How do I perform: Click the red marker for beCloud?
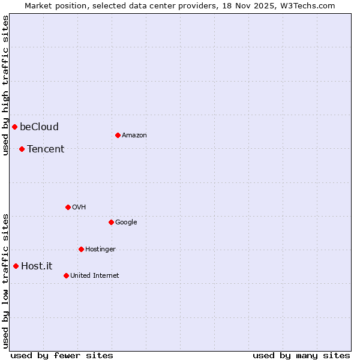click(14, 127)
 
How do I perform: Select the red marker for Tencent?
click(22, 149)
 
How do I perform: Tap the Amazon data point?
click(118, 135)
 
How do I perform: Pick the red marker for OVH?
click(68, 207)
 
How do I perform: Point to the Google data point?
click(111, 222)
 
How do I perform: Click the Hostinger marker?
click(81, 249)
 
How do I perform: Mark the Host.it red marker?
click(16, 266)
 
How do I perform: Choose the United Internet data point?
click(66, 275)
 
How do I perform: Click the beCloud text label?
click(39, 127)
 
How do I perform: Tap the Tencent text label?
click(46, 149)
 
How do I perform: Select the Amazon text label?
click(134, 135)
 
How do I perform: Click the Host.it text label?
click(37, 266)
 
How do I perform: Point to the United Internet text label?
click(95, 275)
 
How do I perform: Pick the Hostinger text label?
click(100, 249)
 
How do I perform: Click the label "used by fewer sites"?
click(62, 355)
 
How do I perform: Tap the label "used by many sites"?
click(301, 355)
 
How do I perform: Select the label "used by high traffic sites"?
click(5, 85)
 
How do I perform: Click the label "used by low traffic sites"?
click(5, 280)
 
